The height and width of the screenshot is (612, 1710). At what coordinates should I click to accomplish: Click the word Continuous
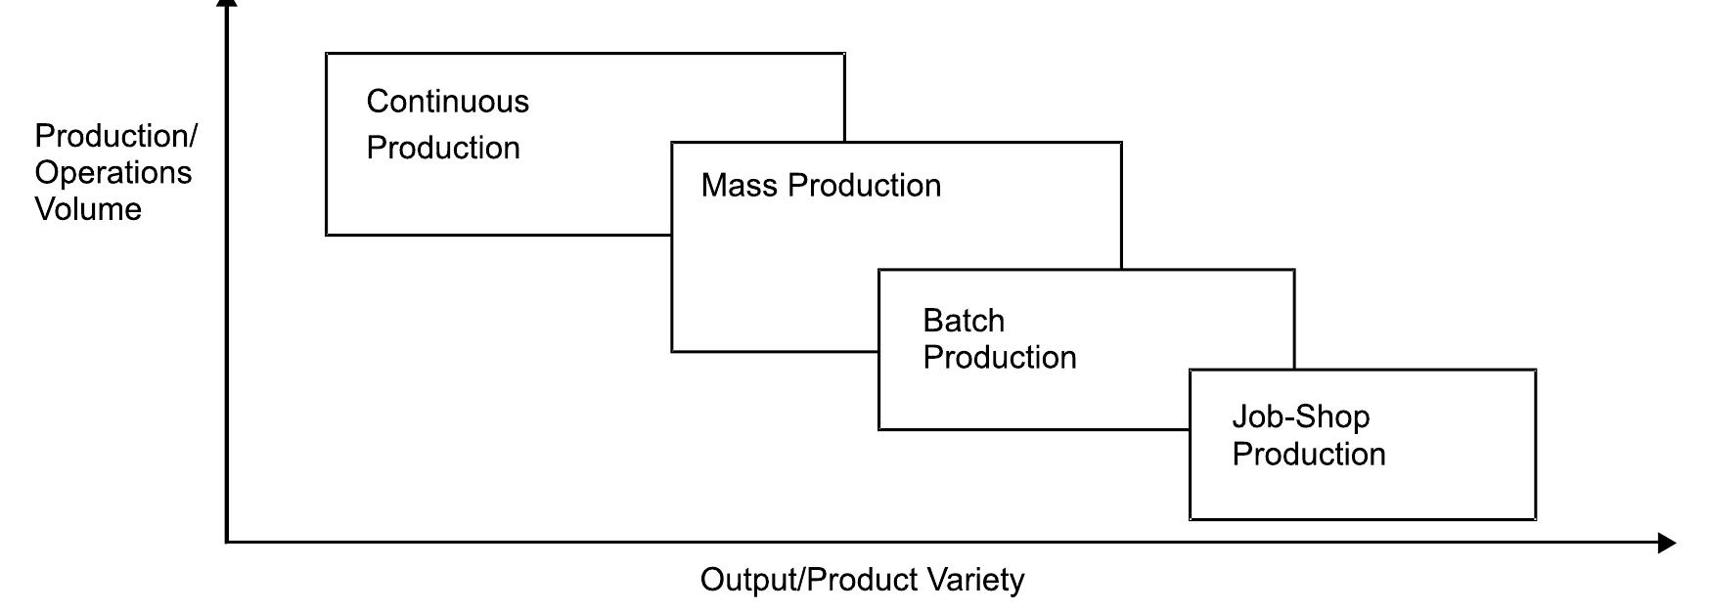coord(447,102)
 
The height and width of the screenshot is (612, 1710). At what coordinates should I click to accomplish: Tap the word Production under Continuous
coord(443,149)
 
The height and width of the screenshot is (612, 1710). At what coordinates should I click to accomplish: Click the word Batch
coord(964,321)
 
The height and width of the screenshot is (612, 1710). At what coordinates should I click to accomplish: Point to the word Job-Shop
coord(1300,417)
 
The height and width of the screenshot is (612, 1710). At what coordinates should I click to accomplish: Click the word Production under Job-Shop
coord(1308,455)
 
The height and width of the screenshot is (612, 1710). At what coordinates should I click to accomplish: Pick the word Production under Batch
coord(999,358)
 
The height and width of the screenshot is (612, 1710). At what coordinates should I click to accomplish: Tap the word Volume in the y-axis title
coord(88,209)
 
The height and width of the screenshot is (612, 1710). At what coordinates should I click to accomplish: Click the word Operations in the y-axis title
coord(112,173)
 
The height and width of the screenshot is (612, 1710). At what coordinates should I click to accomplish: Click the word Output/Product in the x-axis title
coord(799,580)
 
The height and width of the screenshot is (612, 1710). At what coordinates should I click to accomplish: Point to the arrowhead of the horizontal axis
coord(1667,543)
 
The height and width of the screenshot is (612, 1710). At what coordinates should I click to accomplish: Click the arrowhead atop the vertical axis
coord(227,4)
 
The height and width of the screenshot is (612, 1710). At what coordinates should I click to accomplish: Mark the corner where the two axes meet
coord(227,541)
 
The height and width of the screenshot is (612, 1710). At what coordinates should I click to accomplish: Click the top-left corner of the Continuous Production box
coord(327,54)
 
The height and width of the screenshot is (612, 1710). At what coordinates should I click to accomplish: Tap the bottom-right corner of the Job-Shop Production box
coord(1535,518)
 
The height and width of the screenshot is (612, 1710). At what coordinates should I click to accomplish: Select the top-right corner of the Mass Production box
coord(1121,143)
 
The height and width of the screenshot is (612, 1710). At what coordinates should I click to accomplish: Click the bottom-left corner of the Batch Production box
coord(879,429)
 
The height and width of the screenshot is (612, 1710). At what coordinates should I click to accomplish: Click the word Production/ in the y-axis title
coord(115,136)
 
